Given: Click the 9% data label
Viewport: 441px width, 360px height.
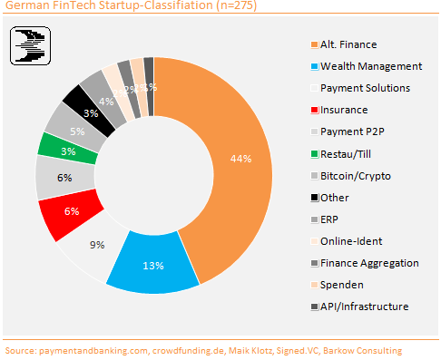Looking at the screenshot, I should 98,244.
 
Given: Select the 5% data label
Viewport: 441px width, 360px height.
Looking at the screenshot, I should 78,131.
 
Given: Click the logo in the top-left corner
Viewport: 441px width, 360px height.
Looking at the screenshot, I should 31,45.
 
